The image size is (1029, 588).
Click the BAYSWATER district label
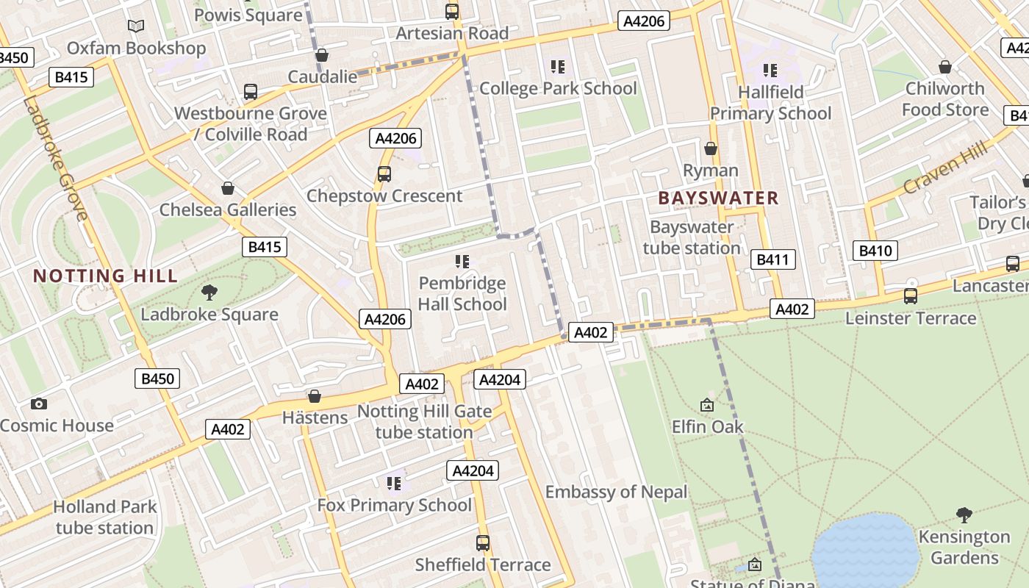pyautogui.click(x=718, y=198)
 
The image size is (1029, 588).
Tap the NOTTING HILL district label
pyautogui.click(x=106, y=276)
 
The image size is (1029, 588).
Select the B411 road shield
pyautogui.click(x=773, y=259)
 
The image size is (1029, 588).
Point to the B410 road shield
pyautogui.click(x=875, y=251)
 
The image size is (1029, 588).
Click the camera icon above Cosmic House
pyautogui.click(x=39, y=404)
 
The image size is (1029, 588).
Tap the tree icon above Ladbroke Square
pyautogui.click(x=209, y=292)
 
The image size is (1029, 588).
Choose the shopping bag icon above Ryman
pyautogui.click(x=711, y=148)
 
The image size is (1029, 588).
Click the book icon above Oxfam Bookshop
pyautogui.click(x=136, y=26)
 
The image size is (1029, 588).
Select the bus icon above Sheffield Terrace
pyautogui.click(x=483, y=542)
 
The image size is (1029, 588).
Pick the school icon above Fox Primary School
pyautogui.click(x=394, y=483)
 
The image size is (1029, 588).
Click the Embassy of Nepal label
pyautogui.click(x=616, y=492)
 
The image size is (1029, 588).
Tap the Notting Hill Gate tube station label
pyautogui.click(x=424, y=422)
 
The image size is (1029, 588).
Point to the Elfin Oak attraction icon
pyautogui.click(x=707, y=404)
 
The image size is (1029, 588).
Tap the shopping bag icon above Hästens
pyautogui.click(x=315, y=396)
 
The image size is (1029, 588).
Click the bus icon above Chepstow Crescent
pyautogui.click(x=384, y=173)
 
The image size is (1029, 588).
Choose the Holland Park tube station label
pyautogui.click(x=105, y=517)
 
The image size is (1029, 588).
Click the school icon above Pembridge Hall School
pyautogui.click(x=462, y=261)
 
